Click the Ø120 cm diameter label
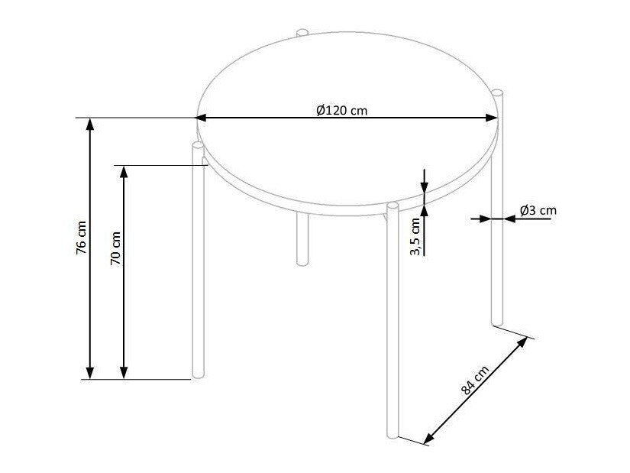click(x=341, y=110)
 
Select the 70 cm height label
click(x=115, y=247)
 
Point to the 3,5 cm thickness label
click(x=415, y=236)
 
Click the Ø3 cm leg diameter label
click(x=538, y=209)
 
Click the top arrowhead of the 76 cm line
click(x=91, y=125)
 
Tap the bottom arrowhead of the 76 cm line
click(x=91, y=372)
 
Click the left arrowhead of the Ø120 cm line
click(x=202, y=118)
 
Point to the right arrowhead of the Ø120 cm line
click(x=493, y=118)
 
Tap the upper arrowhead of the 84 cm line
click(x=522, y=342)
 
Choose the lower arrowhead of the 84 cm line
click(x=428, y=438)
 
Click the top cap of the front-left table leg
click(x=199, y=144)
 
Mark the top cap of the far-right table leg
click(x=497, y=93)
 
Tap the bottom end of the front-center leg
click(x=393, y=436)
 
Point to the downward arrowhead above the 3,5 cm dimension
click(x=425, y=186)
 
